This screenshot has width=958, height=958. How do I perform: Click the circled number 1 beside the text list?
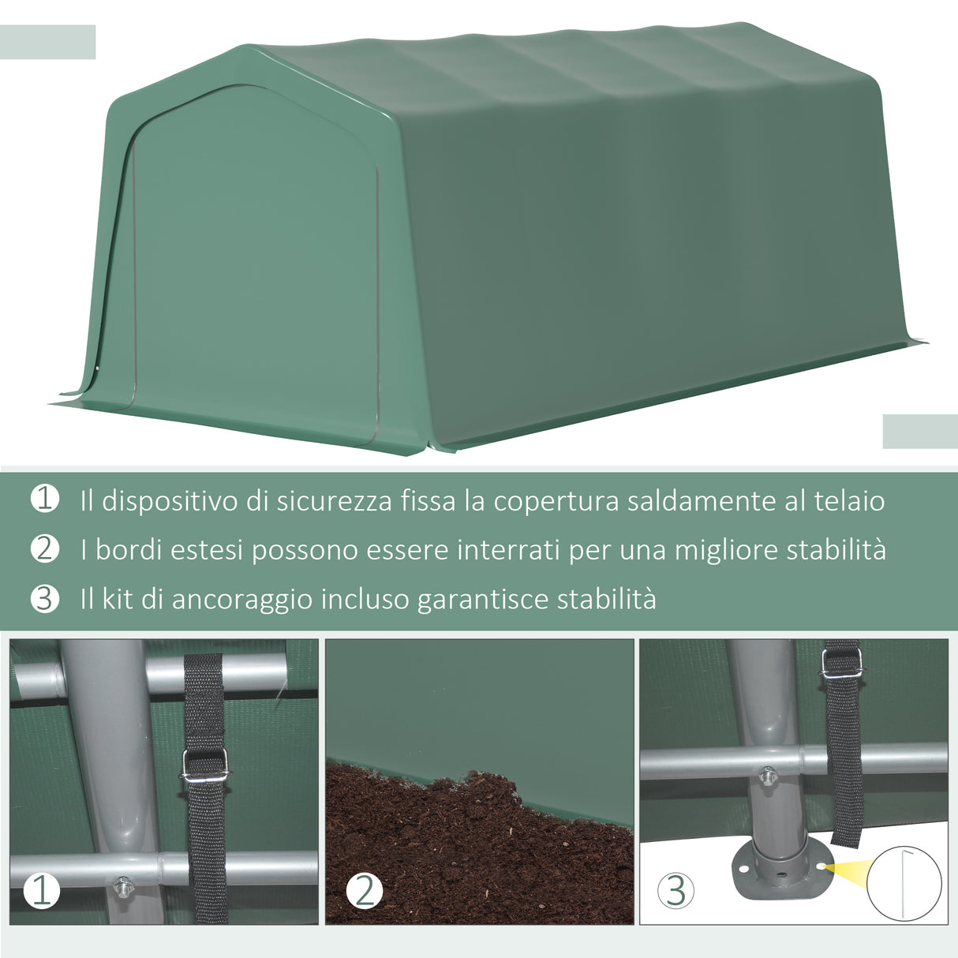click(44, 499)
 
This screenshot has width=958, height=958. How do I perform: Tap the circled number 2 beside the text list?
click(44, 548)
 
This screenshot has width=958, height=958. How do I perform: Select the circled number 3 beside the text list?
click(44, 598)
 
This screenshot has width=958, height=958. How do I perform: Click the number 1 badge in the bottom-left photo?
click(41, 891)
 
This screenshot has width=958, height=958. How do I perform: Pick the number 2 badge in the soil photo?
click(364, 891)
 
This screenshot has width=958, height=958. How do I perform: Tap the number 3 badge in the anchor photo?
click(675, 891)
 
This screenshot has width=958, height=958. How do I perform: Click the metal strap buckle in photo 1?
click(205, 765)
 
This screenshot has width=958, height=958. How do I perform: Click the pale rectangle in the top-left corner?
click(47, 42)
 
